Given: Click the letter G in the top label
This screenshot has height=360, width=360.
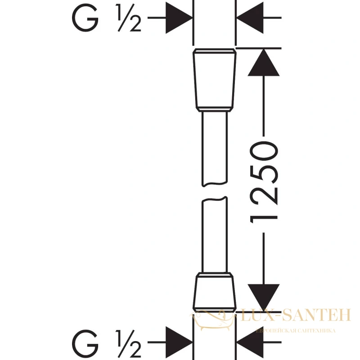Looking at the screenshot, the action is coord(85,18).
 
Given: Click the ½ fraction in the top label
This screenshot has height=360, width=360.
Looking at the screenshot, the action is coord(129,18).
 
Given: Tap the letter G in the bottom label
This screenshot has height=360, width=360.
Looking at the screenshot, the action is coord(85,342).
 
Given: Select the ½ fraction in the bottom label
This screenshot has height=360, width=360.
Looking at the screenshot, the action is coord(129,343).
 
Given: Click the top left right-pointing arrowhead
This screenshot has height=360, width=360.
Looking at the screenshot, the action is coord(179,18).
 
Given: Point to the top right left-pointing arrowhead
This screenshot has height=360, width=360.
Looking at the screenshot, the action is coord(250,18).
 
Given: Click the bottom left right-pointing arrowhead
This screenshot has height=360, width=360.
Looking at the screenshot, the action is coord(179,342).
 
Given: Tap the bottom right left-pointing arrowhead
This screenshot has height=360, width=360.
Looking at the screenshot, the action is coord(250,342).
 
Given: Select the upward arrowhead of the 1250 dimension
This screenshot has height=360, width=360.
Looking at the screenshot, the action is coord(264,63).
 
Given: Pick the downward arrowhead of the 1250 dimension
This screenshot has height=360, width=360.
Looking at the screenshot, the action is coord(264,298).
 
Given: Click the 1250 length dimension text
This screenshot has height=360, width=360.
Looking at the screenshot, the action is coord(264,182).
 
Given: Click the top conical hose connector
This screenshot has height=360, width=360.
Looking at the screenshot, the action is coord(215,80).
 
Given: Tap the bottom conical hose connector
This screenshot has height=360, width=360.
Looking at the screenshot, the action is coord(215,292).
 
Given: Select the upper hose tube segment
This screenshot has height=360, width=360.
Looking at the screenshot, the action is coord(215,149).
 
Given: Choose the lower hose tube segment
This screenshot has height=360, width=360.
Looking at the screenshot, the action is coord(215,234).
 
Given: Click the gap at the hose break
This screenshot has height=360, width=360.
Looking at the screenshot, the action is coord(215,192).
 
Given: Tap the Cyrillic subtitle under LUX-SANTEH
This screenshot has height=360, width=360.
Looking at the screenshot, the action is coord(296,331).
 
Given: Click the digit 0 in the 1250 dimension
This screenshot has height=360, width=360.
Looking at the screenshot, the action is coord(264,151).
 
